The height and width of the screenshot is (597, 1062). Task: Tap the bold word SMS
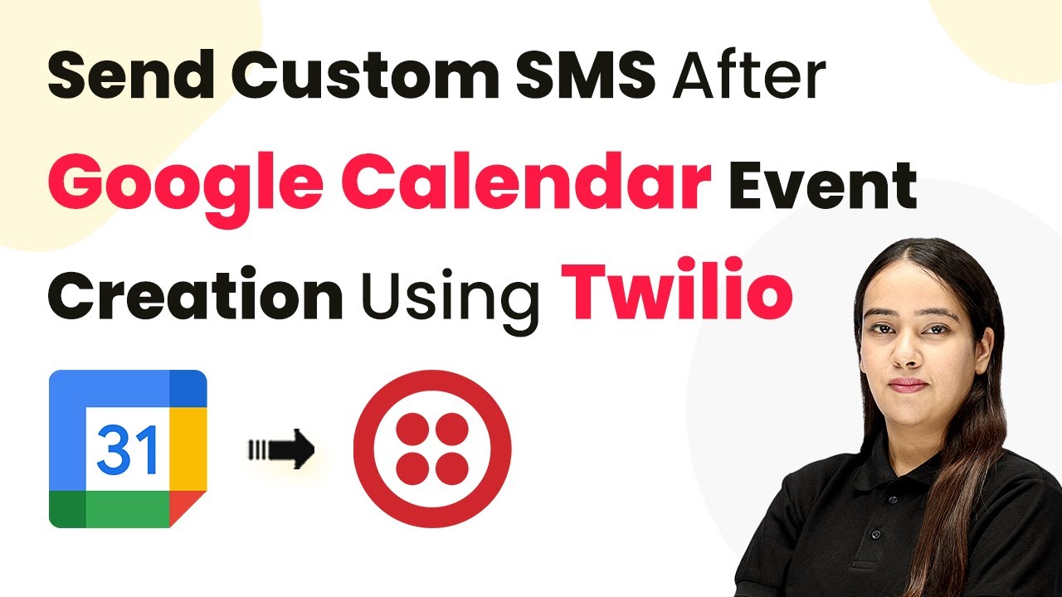click(x=586, y=75)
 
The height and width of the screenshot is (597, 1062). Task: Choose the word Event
click(x=822, y=185)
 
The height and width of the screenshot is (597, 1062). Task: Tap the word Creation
click(x=195, y=294)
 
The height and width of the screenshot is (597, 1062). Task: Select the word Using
click(x=450, y=301)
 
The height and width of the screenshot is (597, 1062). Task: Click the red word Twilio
click(x=677, y=290)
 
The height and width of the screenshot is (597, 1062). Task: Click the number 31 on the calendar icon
click(x=127, y=449)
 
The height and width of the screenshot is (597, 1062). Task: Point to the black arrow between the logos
click(x=281, y=449)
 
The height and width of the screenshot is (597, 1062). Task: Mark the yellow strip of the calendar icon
click(x=188, y=449)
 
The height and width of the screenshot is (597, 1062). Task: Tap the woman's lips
click(x=907, y=385)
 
